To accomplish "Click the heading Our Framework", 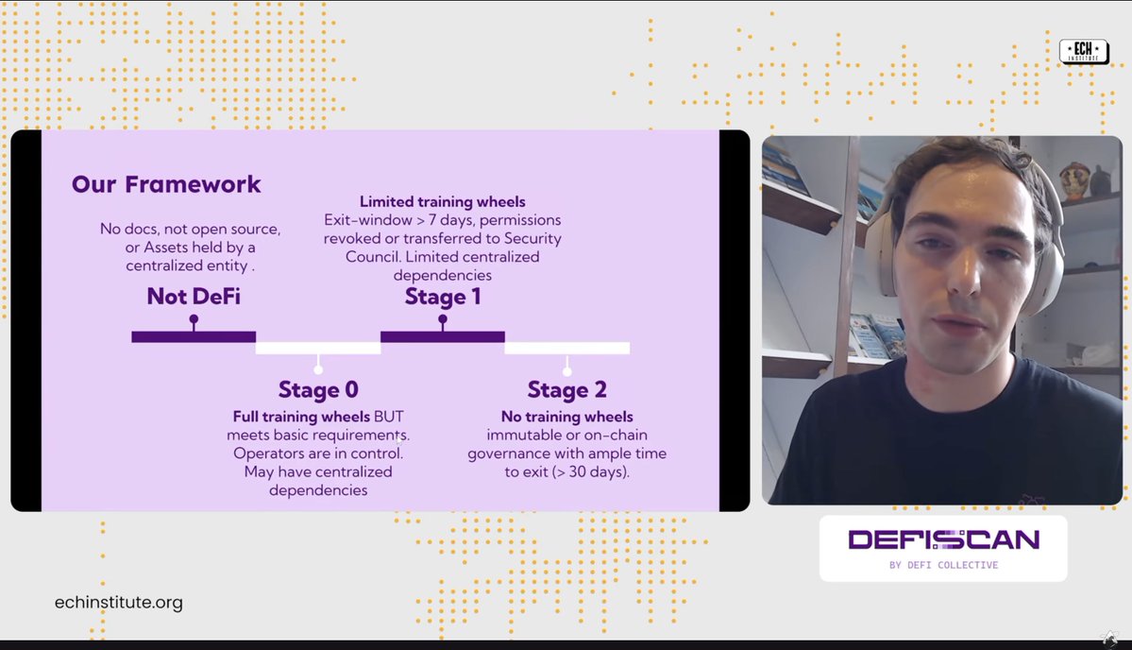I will [x=166, y=184].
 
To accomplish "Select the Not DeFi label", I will [x=194, y=297].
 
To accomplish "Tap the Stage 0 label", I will [x=318, y=389].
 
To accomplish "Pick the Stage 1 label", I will [x=443, y=297].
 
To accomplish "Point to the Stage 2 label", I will [x=566, y=389].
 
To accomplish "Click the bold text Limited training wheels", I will [x=443, y=202].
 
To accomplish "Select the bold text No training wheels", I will [x=566, y=417].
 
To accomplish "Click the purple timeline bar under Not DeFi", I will [x=194, y=336].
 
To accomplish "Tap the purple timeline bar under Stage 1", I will [x=443, y=336].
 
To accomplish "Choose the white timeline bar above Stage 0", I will [x=318, y=348].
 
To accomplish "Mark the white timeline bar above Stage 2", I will [x=566, y=348].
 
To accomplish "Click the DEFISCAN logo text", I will [x=943, y=539].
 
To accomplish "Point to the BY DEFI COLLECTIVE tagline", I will [x=943, y=565].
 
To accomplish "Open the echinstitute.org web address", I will [x=119, y=602].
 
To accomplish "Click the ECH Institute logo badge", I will [x=1084, y=52].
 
